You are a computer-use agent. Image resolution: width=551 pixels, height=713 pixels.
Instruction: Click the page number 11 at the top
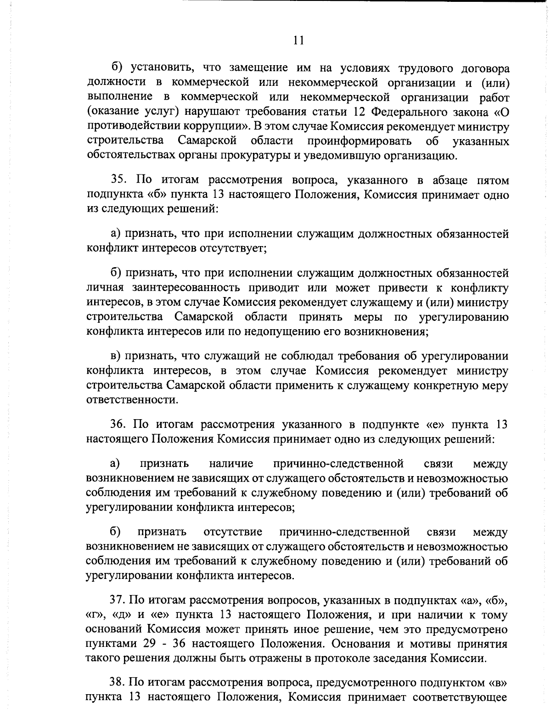298,40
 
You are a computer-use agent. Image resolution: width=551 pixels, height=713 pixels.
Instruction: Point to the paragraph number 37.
118,601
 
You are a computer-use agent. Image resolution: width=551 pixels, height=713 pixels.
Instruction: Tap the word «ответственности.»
131,400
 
